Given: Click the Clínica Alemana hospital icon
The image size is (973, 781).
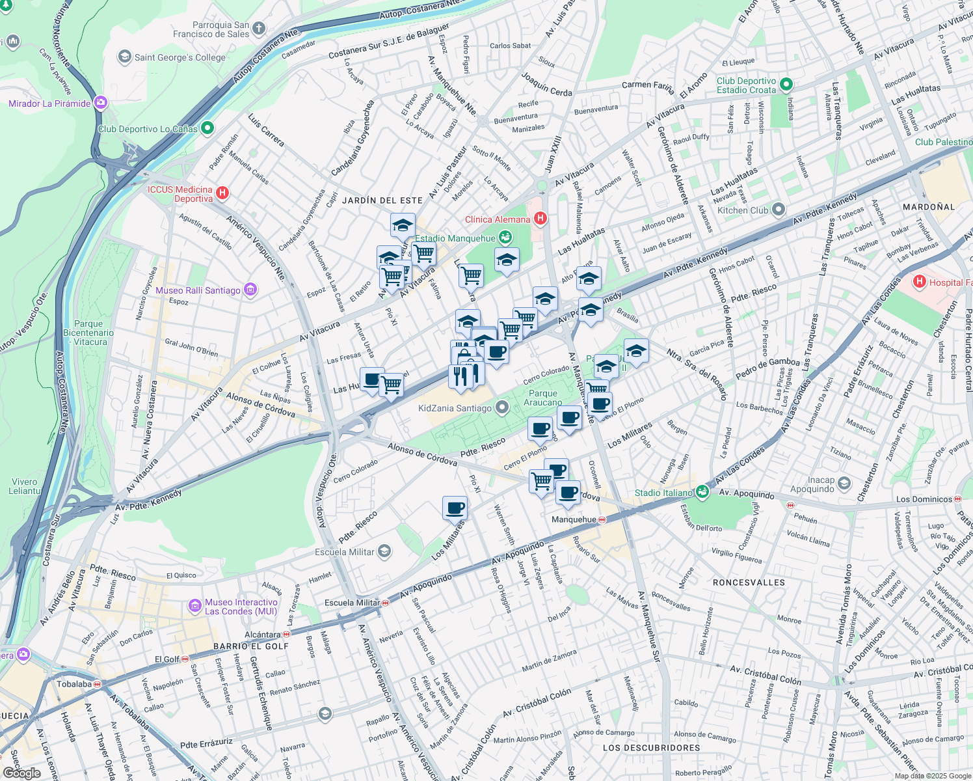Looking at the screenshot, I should pyautogui.click(x=540, y=219).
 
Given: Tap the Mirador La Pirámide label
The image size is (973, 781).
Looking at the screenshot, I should pyautogui.click(x=49, y=103).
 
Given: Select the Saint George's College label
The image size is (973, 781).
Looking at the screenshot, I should pyautogui.click(x=180, y=57).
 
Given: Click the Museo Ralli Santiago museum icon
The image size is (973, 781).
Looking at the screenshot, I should pyautogui.click(x=250, y=290).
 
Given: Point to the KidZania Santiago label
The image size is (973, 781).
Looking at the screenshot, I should pyautogui.click(x=455, y=408).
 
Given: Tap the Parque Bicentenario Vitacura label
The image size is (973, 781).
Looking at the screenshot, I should pyautogui.click(x=88, y=333).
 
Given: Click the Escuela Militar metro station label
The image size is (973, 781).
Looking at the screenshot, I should pyautogui.click(x=352, y=603).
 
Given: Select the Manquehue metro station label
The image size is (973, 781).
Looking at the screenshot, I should pyautogui.click(x=574, y=519).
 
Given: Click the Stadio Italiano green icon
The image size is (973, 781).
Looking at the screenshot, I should pyautogui.click(x=702, y=492).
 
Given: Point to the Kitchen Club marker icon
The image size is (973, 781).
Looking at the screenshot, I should pyautogui.click(x=779, y=210).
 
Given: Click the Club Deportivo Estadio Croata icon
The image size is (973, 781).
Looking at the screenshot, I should pyautogui.click(x=786, y=85).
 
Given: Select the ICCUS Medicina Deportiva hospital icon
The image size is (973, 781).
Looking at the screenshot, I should pyautogui.click(x=222, y=193).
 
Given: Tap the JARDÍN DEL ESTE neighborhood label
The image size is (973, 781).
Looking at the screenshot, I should pyautogui.click(x=382, y=200).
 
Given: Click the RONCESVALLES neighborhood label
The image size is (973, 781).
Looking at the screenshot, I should pyautogui.click(x=749, y=582).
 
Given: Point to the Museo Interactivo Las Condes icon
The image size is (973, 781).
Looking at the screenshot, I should pyautogui.click(x=195, y=606).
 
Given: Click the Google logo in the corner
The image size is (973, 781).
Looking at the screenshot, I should pyautogui.click(x=21, y=773).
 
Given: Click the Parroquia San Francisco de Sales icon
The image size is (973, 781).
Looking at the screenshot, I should pyautogui.click(x=259, y=28).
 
